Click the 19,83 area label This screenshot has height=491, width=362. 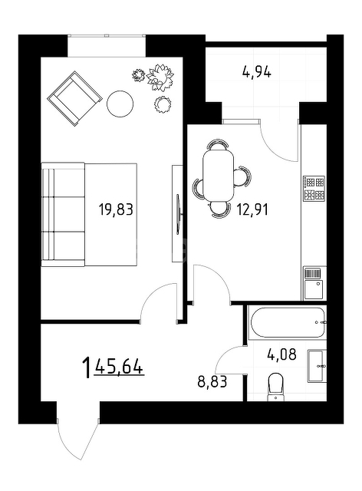pos(116,209)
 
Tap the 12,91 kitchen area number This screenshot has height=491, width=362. pos(252,209)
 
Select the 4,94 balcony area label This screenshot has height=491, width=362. pos(256,72)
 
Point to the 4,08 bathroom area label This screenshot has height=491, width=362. pos(281,354)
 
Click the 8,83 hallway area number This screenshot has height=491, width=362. pos(212,382)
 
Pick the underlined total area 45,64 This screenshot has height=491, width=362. pos(120,366)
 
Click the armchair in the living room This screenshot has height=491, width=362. pos(74,99)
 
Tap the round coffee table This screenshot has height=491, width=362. pos(120,104)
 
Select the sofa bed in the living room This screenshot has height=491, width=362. pos(89,215)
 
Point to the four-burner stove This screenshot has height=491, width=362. pos(314,188)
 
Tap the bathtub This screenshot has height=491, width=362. pos(287,322)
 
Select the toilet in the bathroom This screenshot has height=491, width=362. pos(276,387)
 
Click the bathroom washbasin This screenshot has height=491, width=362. pos(317,366)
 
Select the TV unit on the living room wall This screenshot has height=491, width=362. pos(177,213)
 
